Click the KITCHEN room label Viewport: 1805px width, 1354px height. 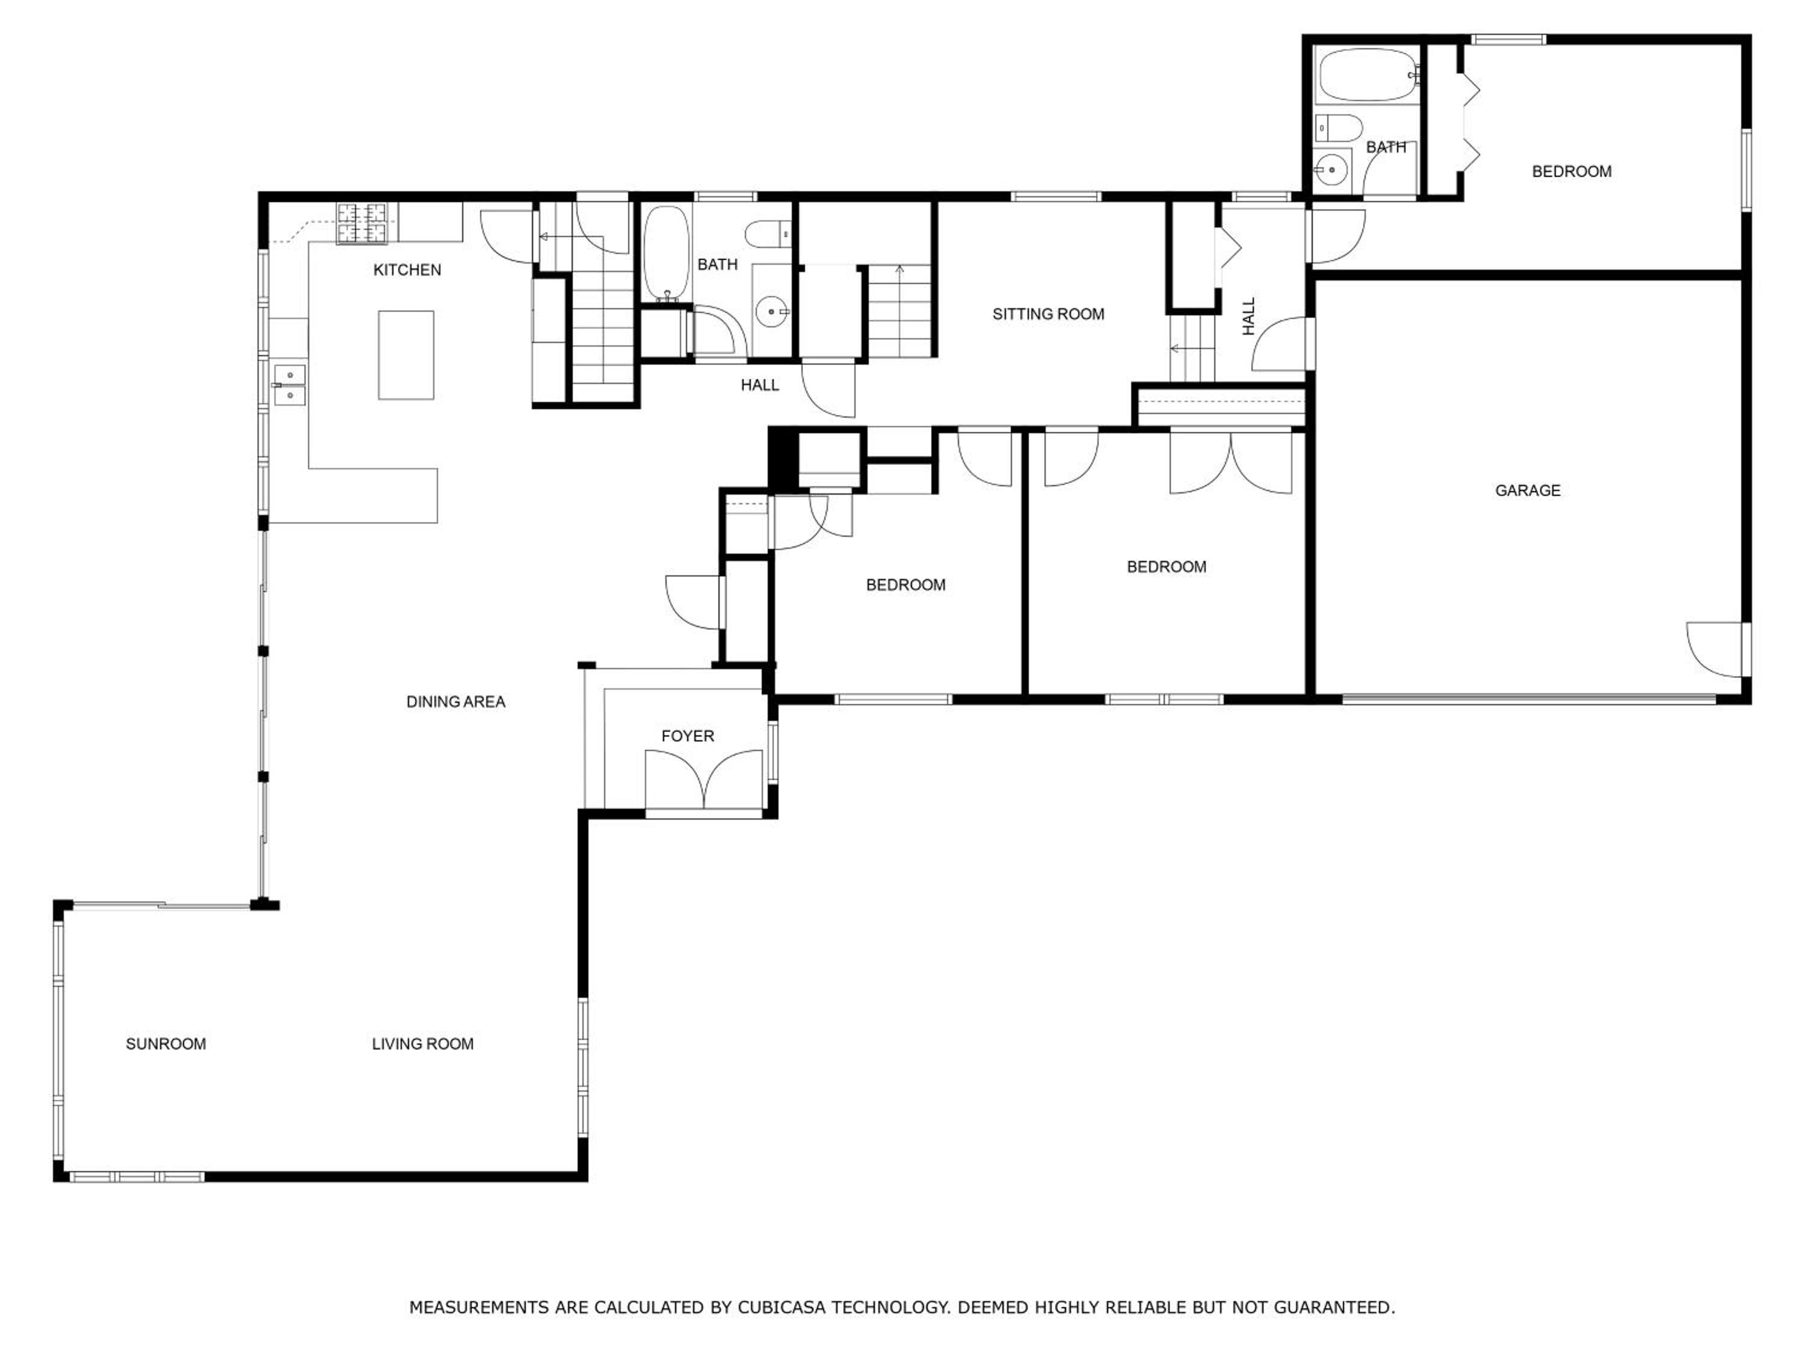tap(407, 270)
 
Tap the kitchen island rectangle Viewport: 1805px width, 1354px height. tap(406, 355)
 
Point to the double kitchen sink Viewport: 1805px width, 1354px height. tap(289, 385)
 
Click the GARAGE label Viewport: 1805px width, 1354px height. tap(1528, 490)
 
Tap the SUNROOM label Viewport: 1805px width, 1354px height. tap(165, 1044)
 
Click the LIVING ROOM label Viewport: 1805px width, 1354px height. tap(423, 1044)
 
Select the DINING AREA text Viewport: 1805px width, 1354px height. tap(455, 702)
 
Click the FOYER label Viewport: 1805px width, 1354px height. tap(688, 736)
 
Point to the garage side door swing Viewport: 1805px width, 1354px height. tap(1714, 650)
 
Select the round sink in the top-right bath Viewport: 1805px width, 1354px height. tap(1331, 170)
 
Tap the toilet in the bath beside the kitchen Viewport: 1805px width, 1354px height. tap(768, 234)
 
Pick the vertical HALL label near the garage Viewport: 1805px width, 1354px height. tap(1248, 316)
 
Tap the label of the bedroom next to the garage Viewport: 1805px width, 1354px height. tap(1166, 567)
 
